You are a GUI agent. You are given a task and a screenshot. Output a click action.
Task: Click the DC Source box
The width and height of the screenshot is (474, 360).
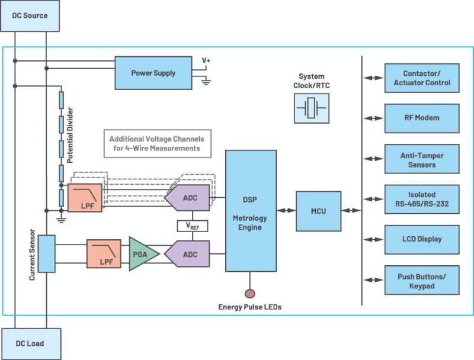(x=30, y=15)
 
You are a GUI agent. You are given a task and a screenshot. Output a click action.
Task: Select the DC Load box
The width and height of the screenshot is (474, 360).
(x=31, y=344)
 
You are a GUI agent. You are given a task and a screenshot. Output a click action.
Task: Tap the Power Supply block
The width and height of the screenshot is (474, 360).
(x=153, y=73)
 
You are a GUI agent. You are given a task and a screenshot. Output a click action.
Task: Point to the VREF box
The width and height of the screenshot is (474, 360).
(x=193, y=226)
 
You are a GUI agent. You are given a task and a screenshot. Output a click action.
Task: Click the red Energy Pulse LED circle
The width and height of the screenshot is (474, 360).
(x=249, y=293)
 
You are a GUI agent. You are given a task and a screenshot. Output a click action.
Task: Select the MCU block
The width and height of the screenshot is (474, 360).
(x=318, y=211)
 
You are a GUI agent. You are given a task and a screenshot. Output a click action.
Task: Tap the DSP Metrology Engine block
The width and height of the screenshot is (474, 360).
(x=251, y=211)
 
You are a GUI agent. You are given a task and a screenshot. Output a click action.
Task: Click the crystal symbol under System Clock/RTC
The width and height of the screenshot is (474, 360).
(x=312, y=108)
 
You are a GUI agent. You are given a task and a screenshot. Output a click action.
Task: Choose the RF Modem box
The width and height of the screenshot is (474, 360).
(x=422, y=118)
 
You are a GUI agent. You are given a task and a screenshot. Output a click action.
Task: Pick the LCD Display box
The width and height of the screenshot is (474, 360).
(x=422, y=239)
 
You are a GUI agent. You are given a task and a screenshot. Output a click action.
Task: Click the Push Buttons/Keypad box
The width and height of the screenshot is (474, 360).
(x=422, y=280)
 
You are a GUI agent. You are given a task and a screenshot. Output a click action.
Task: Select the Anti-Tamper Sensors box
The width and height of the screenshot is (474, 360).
(x=422, y=159)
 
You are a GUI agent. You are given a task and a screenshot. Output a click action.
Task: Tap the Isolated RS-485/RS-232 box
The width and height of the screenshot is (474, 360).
(x=422, y=200)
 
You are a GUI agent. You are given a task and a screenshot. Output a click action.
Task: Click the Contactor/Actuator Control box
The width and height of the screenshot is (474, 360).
(x=422, y=78)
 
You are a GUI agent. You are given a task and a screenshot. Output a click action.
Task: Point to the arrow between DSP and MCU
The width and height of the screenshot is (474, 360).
(x=286, y=211)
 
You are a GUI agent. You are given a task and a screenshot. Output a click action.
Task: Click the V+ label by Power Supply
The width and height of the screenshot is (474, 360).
(x=206, y=60)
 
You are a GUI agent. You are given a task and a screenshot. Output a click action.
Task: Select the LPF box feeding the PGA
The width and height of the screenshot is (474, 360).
(x=104, y=253)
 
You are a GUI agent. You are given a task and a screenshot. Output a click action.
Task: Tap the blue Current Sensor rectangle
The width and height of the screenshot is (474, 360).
(x=47, y=253)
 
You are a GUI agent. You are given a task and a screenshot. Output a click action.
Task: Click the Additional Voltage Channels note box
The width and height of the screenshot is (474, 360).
(x=158, y=144)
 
